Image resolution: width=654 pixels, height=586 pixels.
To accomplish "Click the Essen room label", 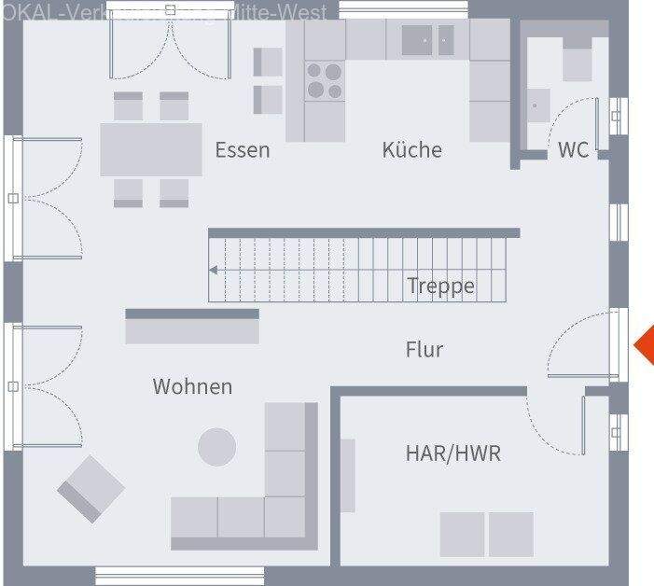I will [243, 149].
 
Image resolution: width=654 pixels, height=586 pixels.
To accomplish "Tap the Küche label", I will [411, 149].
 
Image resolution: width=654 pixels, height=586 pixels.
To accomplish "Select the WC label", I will [574, 149].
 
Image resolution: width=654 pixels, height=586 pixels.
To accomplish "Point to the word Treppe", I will [441, 286].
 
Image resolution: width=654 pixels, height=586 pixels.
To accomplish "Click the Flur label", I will [424, 350].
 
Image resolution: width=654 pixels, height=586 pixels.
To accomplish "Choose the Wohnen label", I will [192, 386].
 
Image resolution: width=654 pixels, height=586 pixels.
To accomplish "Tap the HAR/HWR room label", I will [452, 453].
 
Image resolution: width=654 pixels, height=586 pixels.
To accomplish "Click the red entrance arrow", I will [644, 346].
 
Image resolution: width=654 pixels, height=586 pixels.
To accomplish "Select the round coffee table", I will [217, 447].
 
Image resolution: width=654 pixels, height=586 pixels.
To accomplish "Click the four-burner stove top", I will [324, 80].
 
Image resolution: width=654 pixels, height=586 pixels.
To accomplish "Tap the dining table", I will [151, 149].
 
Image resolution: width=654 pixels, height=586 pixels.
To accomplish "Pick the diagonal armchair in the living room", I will [90, 487].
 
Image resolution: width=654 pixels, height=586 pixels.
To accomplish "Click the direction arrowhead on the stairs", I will [214, 271].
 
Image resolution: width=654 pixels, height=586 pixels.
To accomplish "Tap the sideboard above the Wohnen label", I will [192, 328].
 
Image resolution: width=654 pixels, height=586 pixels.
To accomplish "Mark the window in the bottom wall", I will [160, 575].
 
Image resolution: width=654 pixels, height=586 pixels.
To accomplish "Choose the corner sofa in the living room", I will [271, 495].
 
